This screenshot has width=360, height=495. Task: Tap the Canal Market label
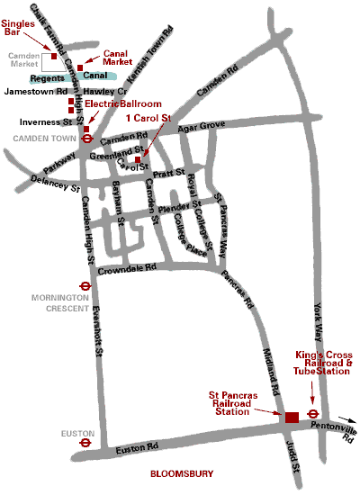pos(118,57)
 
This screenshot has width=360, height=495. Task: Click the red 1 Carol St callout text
pos(148,118)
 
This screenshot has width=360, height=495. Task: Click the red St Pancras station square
pos(292,417)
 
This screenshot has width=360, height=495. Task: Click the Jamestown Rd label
pos(36,92)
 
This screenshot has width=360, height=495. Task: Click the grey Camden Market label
pos(24,60)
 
